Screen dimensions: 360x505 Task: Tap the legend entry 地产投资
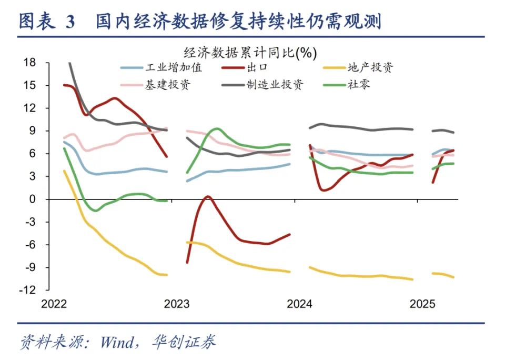[370, 67]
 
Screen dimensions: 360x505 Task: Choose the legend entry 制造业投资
[275, 85]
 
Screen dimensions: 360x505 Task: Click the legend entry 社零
[359, 85]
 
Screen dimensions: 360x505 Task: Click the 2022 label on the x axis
[54, 304]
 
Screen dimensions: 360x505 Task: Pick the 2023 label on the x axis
[177, 304]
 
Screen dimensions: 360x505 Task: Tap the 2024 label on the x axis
[300, 304]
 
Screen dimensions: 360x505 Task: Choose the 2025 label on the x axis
[422, 304]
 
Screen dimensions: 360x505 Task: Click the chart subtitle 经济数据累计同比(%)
[250, 52]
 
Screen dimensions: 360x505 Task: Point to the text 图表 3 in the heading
[47, 22]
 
